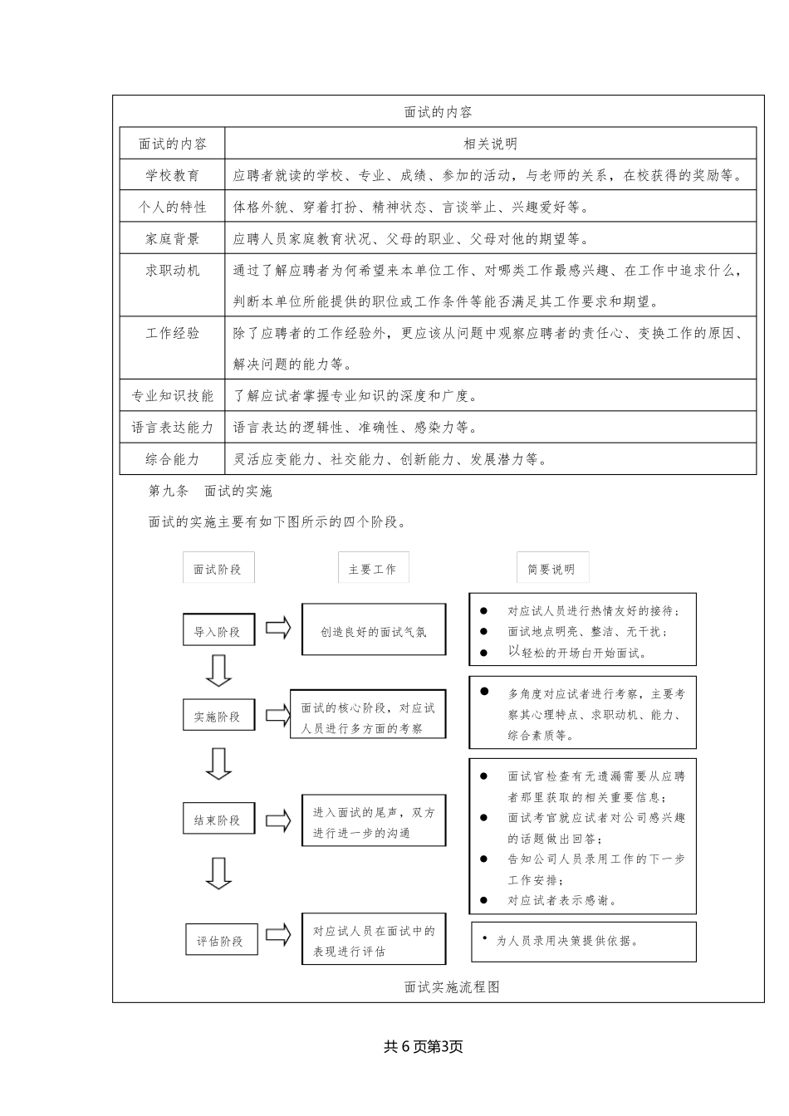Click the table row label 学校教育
pyautogui.click(x=173, y=175)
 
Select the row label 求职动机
pyautogui.click(x=173, y=270)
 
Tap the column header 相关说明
pyautogui.click(x=490, y=144)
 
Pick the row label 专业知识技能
pyautogui.click(x=173, y=396)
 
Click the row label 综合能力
pyautogui.click(x=173, y=459)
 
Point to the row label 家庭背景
pyautogui.click(x=173, y=239)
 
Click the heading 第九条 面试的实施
pyautogui.click(x=210, y=491)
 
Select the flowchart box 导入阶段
pyautogui.click(x=218, y=631)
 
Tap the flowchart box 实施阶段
pyautogui.click(x=218, y=716)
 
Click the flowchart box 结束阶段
pyautogui.click(x=218, y=820)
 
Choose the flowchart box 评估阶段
pyautogui.click(x=221, y=941)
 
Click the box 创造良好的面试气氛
pyautogui.click(x=374, y=631)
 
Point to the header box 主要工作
pyautogui.click(x=373, y=569)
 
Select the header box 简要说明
pyautogui.click(x=551, y=569)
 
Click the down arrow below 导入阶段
pyautogui.click(x=218, y=671)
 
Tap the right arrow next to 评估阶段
pyautogui.click(x=278, y=935)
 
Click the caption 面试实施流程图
pyautogui.click(x=452, y=986)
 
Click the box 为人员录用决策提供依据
pyautogui.click(x=583, y=941)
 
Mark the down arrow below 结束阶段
pyautogui.click(x=218, y=873)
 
